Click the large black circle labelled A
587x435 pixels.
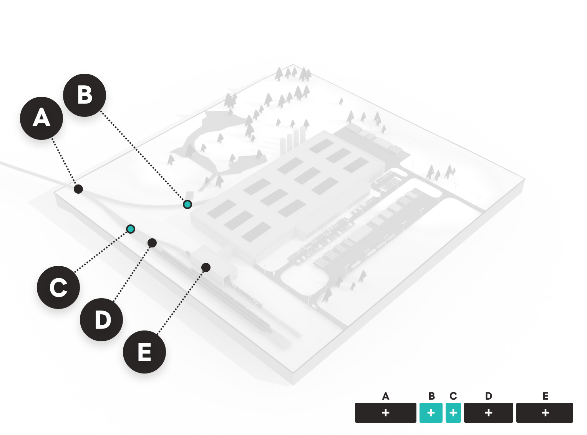pos(41,118)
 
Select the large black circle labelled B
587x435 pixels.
pos(85,95)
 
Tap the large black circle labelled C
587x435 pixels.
pos(58,287)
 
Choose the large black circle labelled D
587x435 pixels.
pos(101,319)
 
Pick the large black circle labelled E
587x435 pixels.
pos(144,352)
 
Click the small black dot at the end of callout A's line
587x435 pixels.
pos(78,189)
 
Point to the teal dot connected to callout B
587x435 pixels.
pos(187,204)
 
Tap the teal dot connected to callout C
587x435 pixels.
pos(131,229)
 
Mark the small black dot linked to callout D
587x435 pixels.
pos(152,242)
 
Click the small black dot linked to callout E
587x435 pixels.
pos(206,267)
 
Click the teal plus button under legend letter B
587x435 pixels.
pos(431,413)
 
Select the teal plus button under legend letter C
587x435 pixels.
pos(453,413)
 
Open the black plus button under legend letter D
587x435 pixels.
pos(489,413)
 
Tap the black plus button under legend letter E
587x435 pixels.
pos(545,413)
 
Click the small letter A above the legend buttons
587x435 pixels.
pos(386,396)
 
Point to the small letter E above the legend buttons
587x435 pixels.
pos(546,396)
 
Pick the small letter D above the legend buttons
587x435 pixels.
pos(489,396)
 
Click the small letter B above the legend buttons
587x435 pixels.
pos(431,396)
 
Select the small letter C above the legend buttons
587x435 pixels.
pos(453,396)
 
